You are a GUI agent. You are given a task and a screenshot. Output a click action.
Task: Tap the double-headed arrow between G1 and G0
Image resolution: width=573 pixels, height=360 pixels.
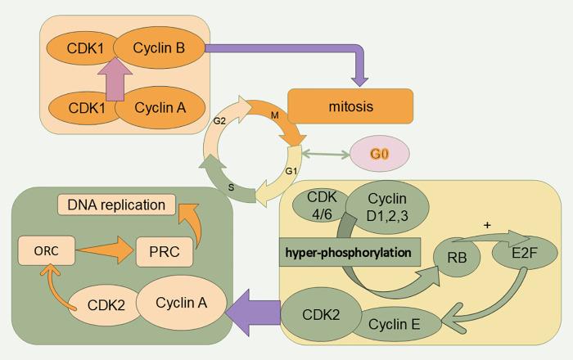[x=324, y=153]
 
